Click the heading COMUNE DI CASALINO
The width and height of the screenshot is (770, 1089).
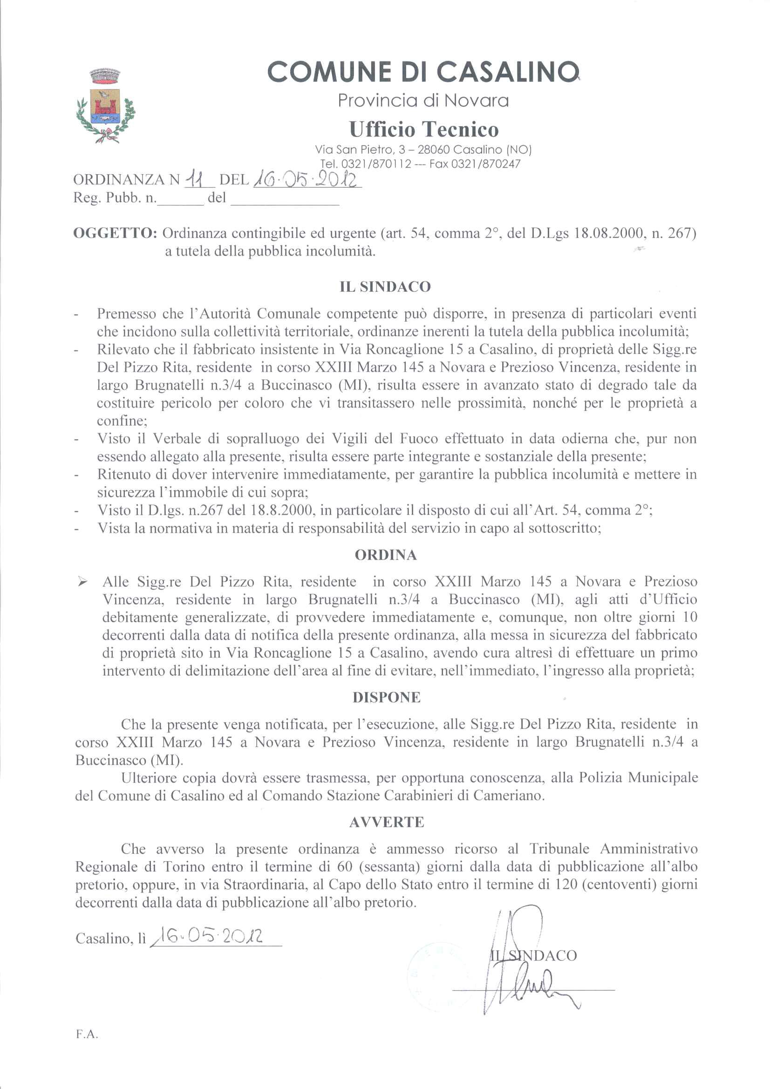point(422,72)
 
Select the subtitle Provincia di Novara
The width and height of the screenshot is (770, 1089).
point(422,100)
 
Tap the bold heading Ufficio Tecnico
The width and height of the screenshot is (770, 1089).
point(424,129)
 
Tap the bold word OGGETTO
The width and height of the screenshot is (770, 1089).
point(115,233)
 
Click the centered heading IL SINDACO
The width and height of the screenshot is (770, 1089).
point(385,287)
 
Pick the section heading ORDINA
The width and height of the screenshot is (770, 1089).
point(385,555)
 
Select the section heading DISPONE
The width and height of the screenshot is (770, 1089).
point(386,698)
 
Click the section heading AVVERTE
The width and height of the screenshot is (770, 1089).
point(386,823)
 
